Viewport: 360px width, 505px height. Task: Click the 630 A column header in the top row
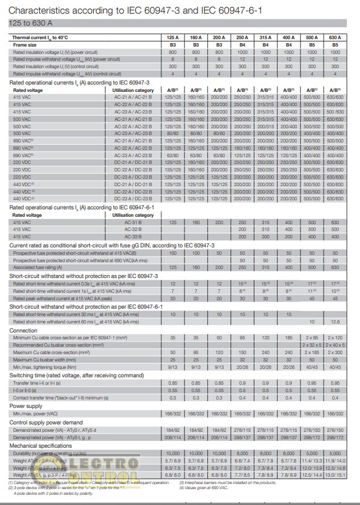click(335, 37)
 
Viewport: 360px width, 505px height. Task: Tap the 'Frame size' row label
click(26, 44)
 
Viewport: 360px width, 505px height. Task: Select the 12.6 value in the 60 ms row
click(335, 321)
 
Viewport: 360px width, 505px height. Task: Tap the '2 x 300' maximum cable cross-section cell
click(335, 352)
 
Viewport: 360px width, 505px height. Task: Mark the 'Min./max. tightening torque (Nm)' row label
click(48, 367)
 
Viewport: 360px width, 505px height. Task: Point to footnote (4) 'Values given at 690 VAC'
click(206, 486)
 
